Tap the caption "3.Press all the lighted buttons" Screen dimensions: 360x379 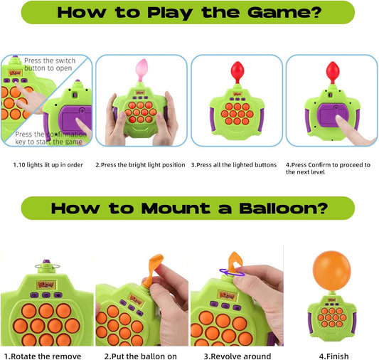tap(234, 164)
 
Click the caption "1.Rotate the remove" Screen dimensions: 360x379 tap(43, 356)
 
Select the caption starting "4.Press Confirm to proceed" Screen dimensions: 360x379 tap(327, 168)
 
